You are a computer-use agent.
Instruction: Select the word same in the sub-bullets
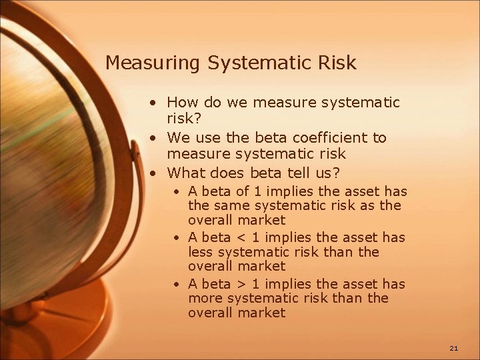pyautogui.click(x=231, y=205)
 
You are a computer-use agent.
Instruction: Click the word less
pyautogui.click(x=200, y=252)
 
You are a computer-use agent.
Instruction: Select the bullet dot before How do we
pyautogui.click(x=154, y=104)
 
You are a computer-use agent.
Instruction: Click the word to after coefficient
pyautogui.click(x=379, y=138)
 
